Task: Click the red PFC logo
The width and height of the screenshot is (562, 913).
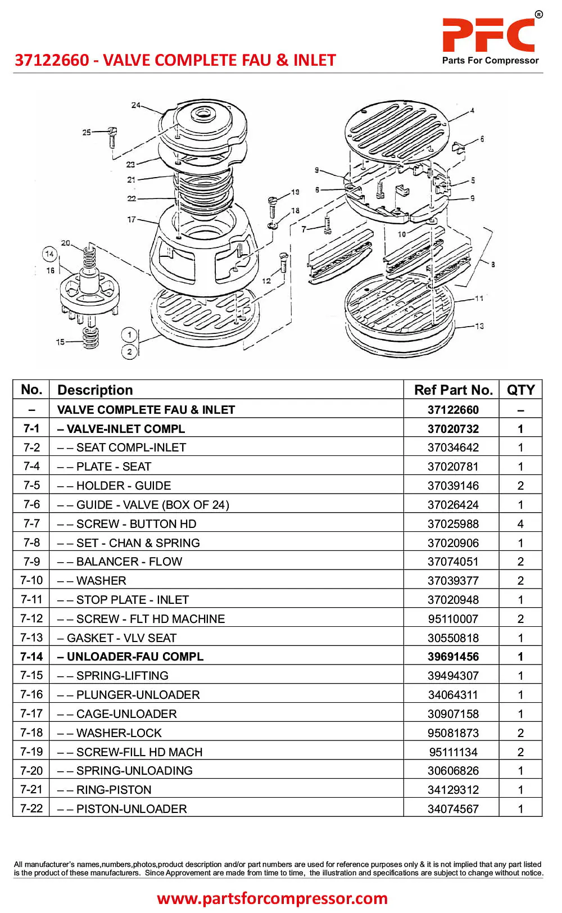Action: [488, 35]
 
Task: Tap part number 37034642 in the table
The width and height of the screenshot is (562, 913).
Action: [453, 448]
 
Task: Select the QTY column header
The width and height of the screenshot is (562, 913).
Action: [520, 390]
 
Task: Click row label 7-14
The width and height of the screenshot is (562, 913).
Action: [31, 657]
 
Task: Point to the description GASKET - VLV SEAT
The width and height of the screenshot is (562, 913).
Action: [121, 638]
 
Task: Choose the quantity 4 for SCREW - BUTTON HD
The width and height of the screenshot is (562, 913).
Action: [520, 524]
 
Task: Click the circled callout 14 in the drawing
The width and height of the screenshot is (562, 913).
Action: [49, 254]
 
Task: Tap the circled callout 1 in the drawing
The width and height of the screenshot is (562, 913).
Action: [129, 335]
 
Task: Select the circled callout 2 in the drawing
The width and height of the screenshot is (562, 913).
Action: [129, 352]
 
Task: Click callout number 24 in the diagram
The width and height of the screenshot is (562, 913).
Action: [136, 105]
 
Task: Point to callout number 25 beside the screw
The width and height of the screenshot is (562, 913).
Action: [87, 133]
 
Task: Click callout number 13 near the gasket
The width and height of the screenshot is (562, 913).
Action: [479, 326]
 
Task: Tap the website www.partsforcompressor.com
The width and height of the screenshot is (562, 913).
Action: [272, 898]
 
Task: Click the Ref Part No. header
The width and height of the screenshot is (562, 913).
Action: [453, 390]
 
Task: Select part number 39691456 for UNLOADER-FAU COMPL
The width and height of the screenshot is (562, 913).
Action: [453, 657]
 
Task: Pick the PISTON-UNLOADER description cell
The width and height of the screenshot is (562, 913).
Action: [132, 809]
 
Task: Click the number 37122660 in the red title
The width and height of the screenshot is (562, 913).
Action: [52, 60]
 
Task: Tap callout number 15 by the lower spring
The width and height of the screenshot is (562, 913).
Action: [60, 342]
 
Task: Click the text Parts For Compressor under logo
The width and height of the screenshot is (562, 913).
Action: [490, 61]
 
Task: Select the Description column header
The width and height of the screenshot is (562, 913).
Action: [95, 390]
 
